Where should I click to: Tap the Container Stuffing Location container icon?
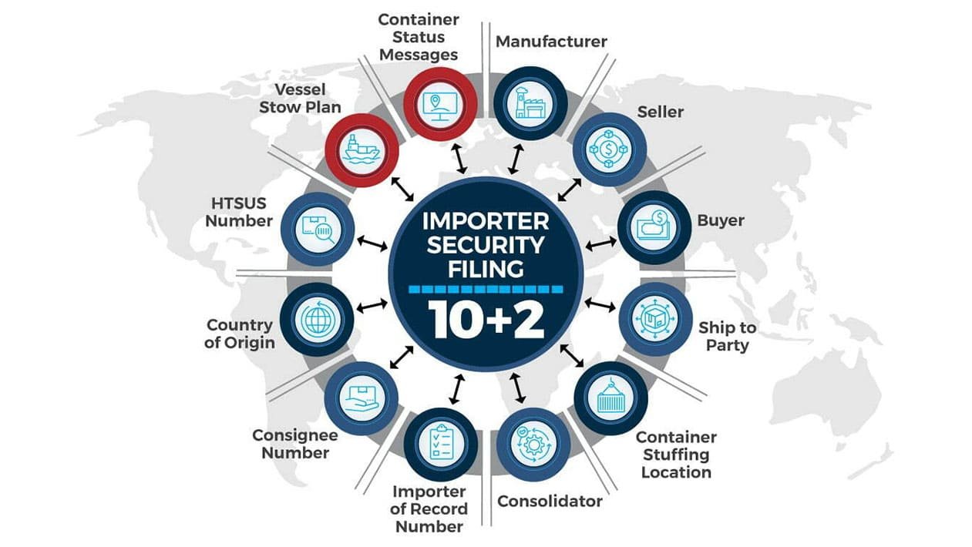[x=610, y=398]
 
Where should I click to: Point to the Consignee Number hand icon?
[x=361, y=398]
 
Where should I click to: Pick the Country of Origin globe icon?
[x=317, y=318]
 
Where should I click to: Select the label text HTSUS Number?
[x=241, y=211]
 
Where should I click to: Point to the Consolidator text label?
[x=550, y=502]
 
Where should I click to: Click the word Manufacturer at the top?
[x=551, y=41]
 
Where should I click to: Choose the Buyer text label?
[x=721, y=220]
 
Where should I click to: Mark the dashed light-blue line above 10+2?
[x=486, y=289]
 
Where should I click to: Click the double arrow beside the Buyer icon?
[x=600, y=244]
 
